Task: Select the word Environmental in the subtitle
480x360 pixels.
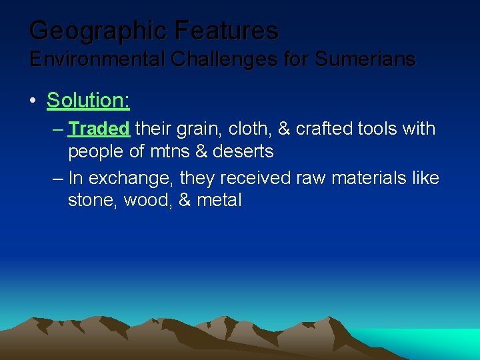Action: click(97, 59)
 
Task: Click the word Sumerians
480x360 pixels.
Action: click(365, 59)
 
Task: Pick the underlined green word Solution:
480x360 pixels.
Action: click(88, 101)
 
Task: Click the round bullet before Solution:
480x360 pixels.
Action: click(33, 101)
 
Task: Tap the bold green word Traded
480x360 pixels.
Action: click(99, 128)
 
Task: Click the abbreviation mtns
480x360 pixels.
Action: click(169, 151)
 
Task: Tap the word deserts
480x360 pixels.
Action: click(243, 151)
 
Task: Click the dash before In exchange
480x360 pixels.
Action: click(56, 178)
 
